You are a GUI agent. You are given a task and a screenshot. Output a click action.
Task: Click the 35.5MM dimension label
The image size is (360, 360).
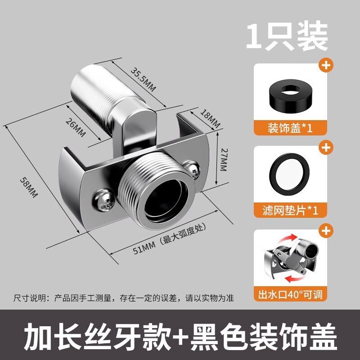pos(143,79)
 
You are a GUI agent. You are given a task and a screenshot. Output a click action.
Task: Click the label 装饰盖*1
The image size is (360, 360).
pos(290,128)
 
